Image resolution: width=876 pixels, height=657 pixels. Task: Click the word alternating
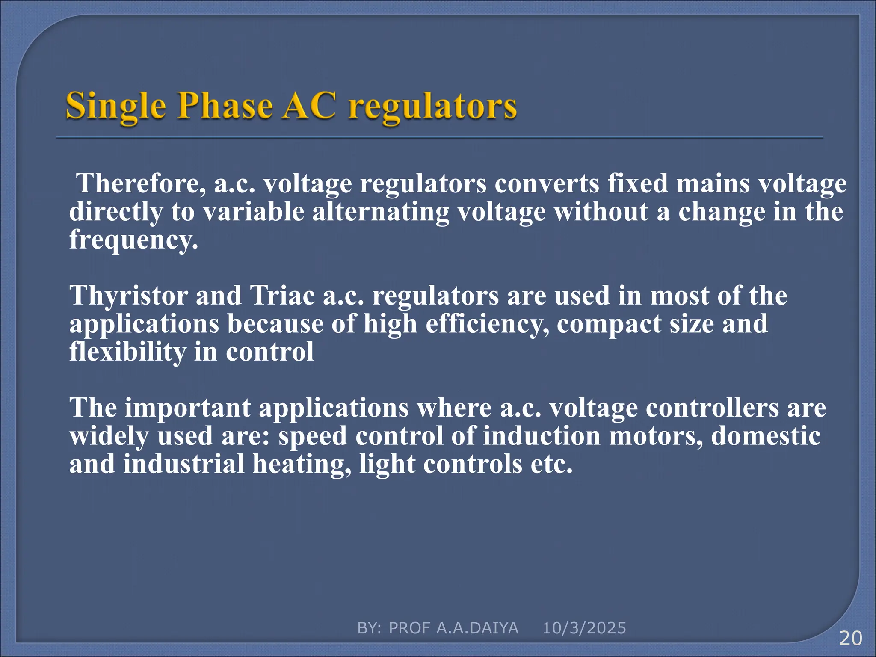(x=380, y=212)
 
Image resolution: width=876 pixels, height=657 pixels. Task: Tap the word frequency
(x=133, y=240)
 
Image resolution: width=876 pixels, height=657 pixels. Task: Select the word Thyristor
(x=128, y=296)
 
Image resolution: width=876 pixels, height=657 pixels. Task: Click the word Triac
(x=282, y=296)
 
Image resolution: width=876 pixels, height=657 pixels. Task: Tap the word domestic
(x=766, y=436)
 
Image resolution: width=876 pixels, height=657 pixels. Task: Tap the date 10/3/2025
(x=584, y=628)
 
